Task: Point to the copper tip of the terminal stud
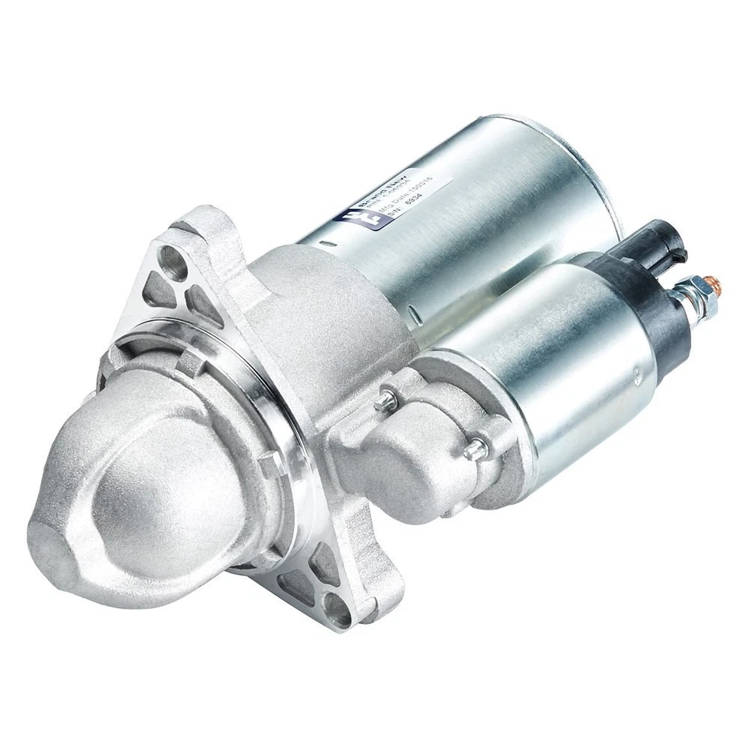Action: [714, 281]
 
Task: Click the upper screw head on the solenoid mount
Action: [384, 401]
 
